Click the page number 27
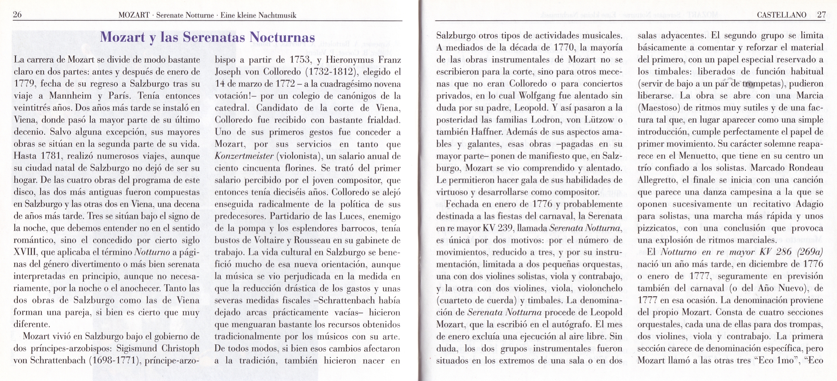point(821,15)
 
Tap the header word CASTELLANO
point(781,15)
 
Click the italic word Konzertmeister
point(244,156)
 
